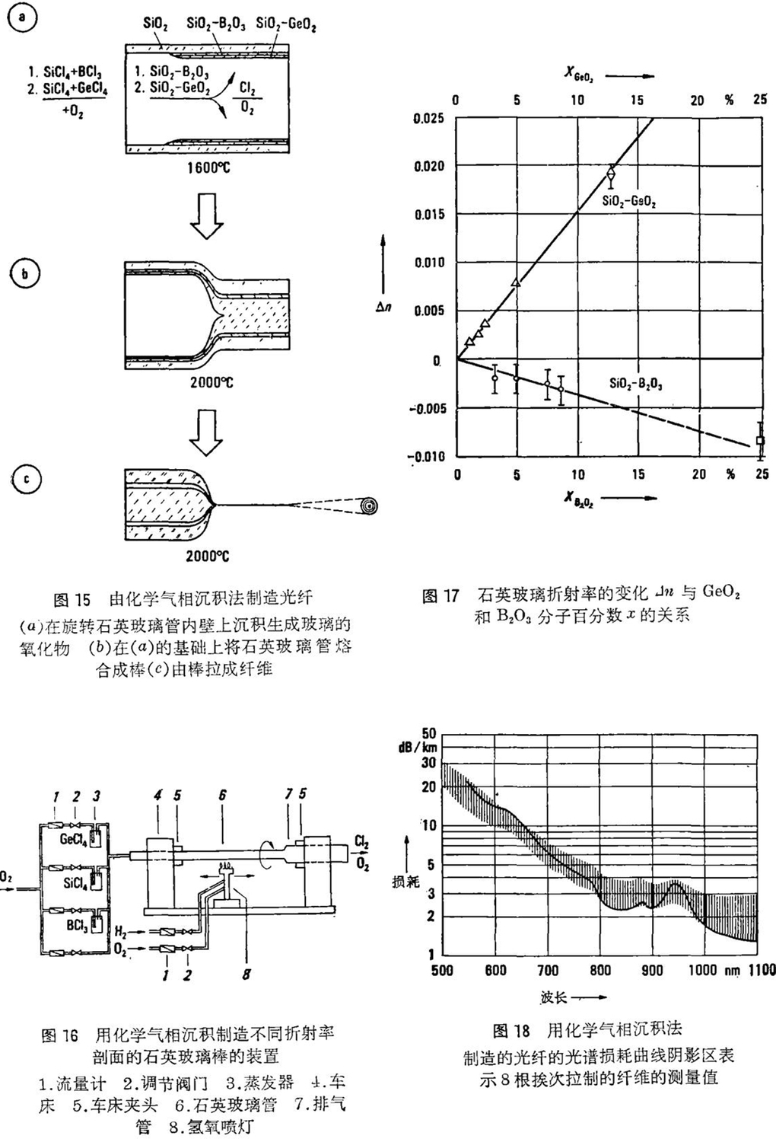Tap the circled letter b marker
tap(24, 274)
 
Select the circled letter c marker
tap(27, 479)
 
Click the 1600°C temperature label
tap(207, 167)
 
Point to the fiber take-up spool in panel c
tap(371, 506)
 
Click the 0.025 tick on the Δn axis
tap(428, 119)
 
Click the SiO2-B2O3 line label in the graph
tap(635, 384)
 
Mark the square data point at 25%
tap(760, 441)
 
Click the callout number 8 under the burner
tap(246, 974)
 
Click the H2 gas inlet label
tap(121, 931)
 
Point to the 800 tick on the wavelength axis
tap(600, 970)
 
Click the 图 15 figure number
tap(72, 598)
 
